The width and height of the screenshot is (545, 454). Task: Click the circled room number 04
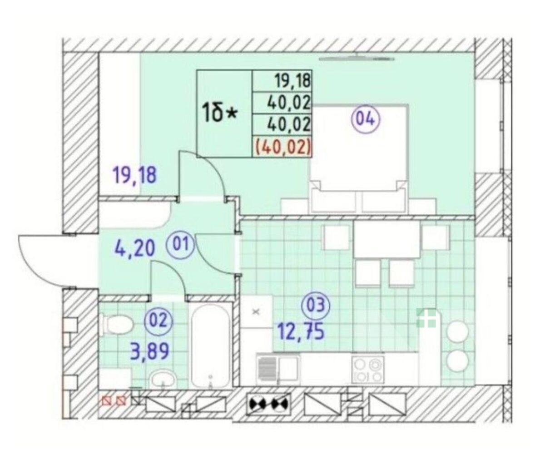(x=366, y=120)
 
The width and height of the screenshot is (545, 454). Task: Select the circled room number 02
(x=159, y=321)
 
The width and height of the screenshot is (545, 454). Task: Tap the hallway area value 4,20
(x=135, y=248)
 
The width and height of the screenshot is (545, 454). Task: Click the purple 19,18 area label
(x=135, y=175)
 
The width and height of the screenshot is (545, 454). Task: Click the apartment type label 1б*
(x=220, y=114)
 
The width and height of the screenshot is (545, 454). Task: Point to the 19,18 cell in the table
(x=282, y=81)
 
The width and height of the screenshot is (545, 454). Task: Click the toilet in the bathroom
(x=117, y=325)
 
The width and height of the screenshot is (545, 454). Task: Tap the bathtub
(x=210, y=346)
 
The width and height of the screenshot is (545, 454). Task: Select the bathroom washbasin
(x=163, y=379)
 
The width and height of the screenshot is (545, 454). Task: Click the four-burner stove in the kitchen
(x=367, y=370)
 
